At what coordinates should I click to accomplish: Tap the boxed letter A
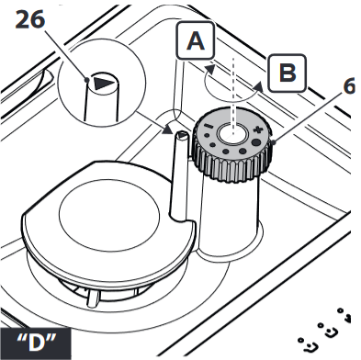(196, 41)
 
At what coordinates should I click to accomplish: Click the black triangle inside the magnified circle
(103, 83)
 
